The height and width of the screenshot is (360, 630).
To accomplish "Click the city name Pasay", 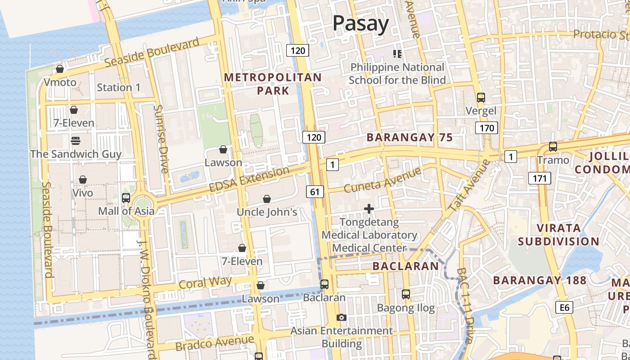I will (x=360, y=23).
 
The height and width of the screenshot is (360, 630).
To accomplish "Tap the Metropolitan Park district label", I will (x=273, y=84).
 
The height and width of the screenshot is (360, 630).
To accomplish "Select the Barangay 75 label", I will (x=409, y=138).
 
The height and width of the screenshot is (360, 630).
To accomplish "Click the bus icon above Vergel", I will (x=481, y=97).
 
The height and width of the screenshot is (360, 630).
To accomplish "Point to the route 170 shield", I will (x=486, y=128).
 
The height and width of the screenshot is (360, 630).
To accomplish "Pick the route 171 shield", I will (x=539, y=179).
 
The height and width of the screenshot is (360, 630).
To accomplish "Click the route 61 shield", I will (x=315, y=192).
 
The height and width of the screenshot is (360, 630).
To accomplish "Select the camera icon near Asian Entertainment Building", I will (x=342, y=318).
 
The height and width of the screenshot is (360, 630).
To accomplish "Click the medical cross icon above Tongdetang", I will (x=369, y=209).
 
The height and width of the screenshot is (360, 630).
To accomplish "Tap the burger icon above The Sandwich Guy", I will (x=75, y=141).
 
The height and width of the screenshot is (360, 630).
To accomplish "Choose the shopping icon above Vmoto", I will (x=59, y=69).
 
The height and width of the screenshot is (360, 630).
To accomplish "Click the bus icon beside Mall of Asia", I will (x=126, y=198).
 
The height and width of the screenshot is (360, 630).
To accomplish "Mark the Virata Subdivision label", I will (x=558, y=234).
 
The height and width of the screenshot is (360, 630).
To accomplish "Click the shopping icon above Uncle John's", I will (x=267, y=199).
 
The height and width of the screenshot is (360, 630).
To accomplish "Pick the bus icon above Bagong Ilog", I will (x=406, y=294).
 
